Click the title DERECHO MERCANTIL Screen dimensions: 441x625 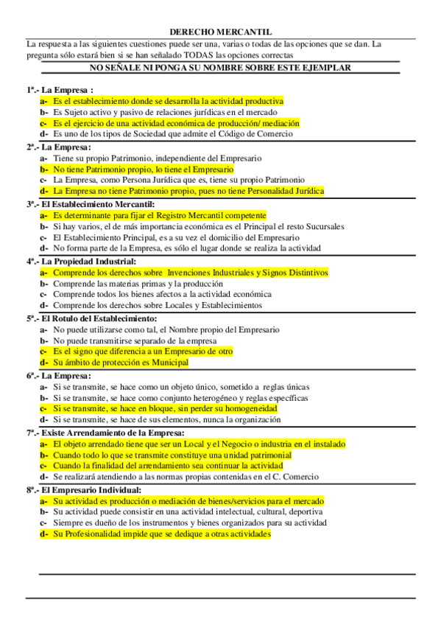coord(220,32)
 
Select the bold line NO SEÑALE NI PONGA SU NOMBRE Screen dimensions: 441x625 coord(219,67)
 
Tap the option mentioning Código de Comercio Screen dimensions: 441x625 coord(172,134)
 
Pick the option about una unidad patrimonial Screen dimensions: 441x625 coord(172,455)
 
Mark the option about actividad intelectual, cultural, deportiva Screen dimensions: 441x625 coord(187,511)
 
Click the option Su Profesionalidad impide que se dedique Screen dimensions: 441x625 coord(161,534)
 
